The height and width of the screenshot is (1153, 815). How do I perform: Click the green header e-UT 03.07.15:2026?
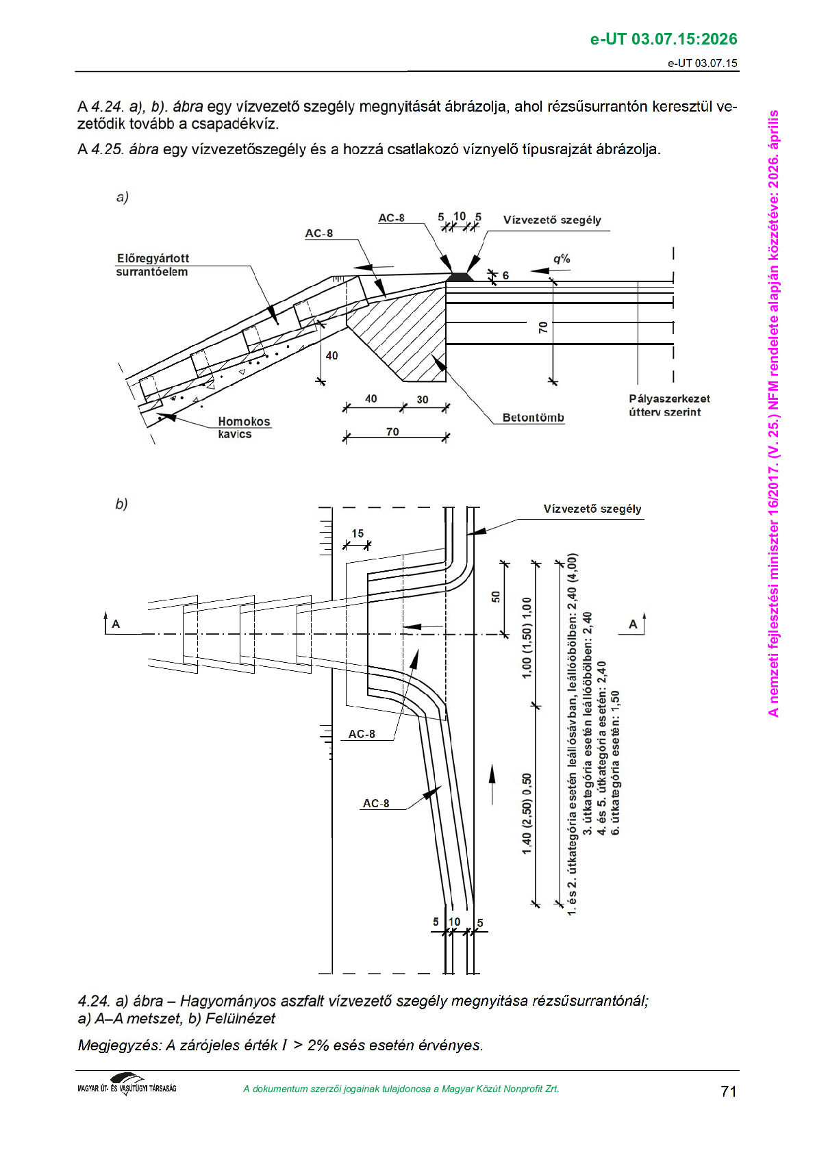coord(663,39)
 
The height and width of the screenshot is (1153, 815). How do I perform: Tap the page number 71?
coord(728,1091)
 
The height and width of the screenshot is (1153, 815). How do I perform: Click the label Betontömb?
coord(533,418)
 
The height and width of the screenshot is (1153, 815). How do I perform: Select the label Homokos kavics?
coord(243,427)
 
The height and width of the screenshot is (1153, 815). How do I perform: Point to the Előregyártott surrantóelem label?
coord(152,265)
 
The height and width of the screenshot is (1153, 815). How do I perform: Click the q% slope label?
coord(562,259)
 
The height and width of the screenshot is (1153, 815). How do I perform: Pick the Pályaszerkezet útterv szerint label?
coord(669,405)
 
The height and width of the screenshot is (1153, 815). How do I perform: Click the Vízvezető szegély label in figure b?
coord(592,509)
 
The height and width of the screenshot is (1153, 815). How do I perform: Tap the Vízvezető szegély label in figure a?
coord(552,220)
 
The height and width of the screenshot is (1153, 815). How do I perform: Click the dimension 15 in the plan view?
coord(358,533)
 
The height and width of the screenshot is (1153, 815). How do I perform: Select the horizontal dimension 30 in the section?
coord(423,399)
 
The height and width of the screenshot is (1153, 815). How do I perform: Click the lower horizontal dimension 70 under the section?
coord(392,431)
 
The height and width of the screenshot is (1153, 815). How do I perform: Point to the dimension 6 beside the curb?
coord(505,275)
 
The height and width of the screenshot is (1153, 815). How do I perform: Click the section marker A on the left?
coord(116,624)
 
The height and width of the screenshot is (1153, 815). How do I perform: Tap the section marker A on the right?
coord(633,624)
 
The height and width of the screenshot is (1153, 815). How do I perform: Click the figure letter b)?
coord(121,504)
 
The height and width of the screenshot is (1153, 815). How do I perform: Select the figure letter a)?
coord(122,197)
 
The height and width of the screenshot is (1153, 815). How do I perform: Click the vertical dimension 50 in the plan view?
coord(496,596)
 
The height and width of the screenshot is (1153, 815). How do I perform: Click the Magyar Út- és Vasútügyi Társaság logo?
coord(127,1085)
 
